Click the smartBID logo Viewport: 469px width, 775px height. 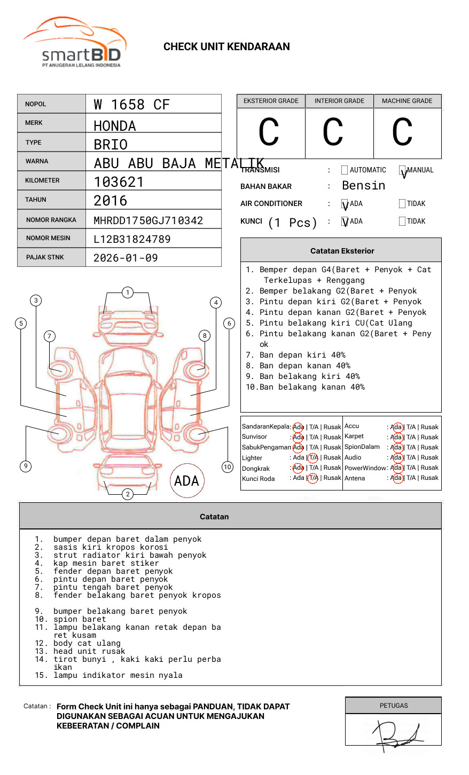coord(75,43)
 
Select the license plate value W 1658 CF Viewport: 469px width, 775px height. coord(131,105)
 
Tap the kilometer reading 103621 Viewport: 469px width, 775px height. coord(119,182)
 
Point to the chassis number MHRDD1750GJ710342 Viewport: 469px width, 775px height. coord(148,220)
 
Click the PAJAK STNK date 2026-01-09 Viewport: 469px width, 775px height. coord(126,258)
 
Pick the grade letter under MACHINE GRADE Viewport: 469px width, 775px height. coord(402,132)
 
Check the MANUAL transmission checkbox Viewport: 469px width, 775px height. coord(402,170)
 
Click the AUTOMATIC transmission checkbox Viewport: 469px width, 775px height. coord(345,170)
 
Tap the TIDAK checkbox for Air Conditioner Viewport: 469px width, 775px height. coord(402,204)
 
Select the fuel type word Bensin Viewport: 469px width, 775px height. coord(363,186)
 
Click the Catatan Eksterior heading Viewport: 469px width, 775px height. coord(342,251)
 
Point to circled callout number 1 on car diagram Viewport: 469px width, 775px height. coord(127,292)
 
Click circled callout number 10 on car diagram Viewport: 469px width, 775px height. coord(228,467)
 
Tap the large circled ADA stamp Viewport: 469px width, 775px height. coord(186,481)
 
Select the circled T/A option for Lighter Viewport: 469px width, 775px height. coord(313,458)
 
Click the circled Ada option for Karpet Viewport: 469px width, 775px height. coord(396,437)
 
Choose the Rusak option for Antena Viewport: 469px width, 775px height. coord(429,478)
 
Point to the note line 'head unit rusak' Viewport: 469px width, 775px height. coord(89,651)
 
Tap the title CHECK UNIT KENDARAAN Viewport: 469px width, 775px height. coord(226,47)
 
